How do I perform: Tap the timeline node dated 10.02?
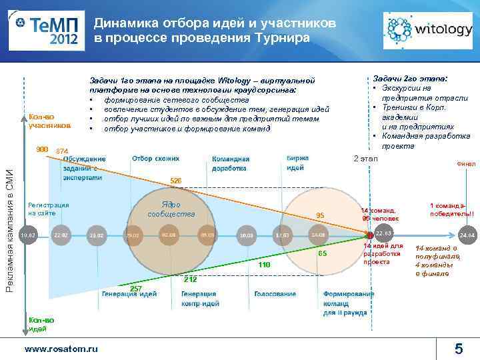[x=28, y=235]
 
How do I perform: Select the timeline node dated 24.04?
[x=467, y=236]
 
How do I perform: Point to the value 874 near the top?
[x=63, y=151]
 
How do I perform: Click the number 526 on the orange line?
[x=176, y=181]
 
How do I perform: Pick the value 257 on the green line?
[x=135, y=288]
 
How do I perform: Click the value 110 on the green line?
[x=265, y=265]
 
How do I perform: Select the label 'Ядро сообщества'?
[x=171, y=209]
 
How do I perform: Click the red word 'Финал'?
[x=465, y=164]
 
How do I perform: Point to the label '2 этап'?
[x=365, y=159]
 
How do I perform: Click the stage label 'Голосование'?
[x=275, y=294]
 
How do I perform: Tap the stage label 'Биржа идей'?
[x=297, y=163]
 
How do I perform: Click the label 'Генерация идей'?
[x=129, y=294]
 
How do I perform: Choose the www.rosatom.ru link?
[x=61, y=348]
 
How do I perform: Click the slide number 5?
[x=459, y=348]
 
